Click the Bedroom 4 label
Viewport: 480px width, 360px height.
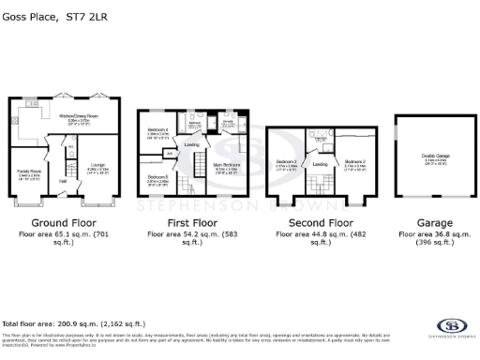(x=157, y=129)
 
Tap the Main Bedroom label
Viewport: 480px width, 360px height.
(x=228, y=165)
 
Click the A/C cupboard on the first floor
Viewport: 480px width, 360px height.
(x=171, y=154)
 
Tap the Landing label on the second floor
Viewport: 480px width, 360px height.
(x=320, y=164)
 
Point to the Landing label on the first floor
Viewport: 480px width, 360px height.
(x=191, y=144)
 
